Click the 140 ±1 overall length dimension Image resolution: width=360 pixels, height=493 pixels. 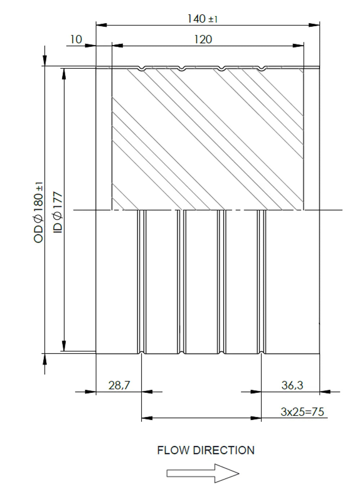click(x=202, y=19)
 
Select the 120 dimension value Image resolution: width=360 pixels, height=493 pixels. click(x=203, y=40)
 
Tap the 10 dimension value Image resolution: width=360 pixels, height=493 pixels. click(x=76, y=39)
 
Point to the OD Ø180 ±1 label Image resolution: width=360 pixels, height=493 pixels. click(x=38, y=212)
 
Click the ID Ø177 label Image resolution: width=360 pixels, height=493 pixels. click(x=58, y=212)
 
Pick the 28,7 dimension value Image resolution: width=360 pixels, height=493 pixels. click(x=119, y=385)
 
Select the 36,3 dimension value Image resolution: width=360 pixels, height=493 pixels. click(x=292, y=385)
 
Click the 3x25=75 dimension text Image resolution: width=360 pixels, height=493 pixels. click(x=302, y=412)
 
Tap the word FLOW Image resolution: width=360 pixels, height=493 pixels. click(x=173, y=450)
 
